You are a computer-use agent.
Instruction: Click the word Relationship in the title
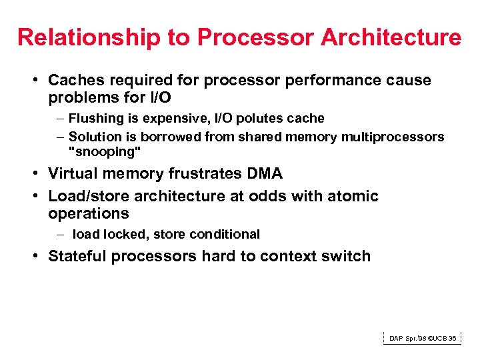pyautogui.click(x=89, y=37)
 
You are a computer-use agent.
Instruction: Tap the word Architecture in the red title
pyautogui.click(x=391, y=37)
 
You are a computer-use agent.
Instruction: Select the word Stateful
pyautogui.click(x=78, y=257)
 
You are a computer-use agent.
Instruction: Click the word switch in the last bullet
pyautogui.click(x=347, y=257)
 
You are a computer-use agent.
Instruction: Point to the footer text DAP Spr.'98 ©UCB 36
pyautogui.click(x=423, y=339)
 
